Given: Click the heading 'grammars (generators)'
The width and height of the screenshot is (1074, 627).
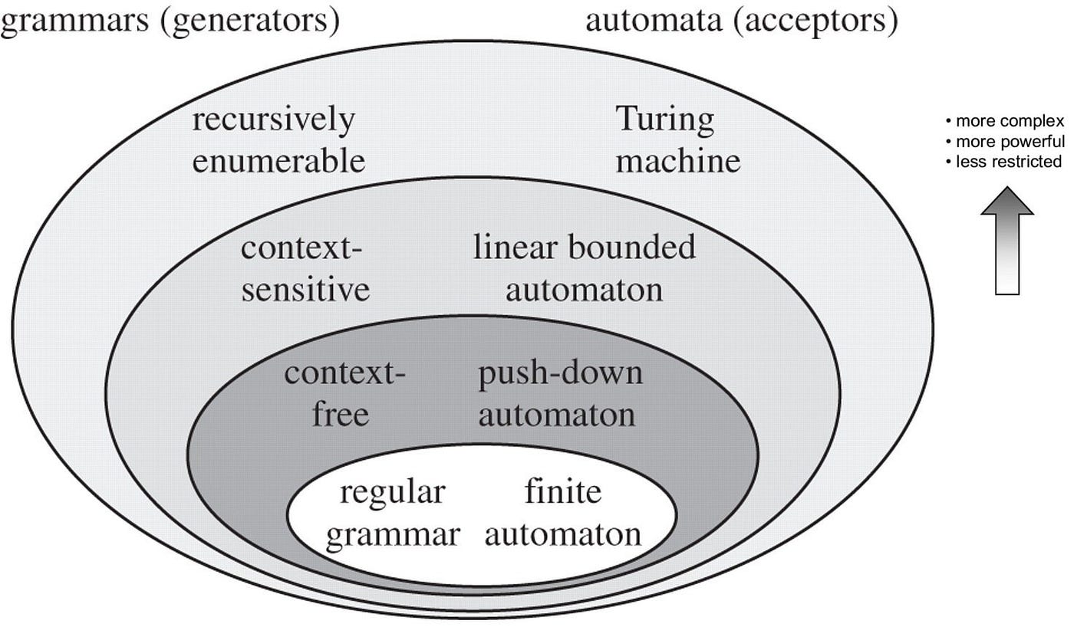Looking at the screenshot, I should [x=170, y=21].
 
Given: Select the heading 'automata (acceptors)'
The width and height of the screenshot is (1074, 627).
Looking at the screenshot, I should [x=741, y=21].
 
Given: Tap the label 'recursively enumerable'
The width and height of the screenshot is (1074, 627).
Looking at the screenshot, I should [x=278, y=141].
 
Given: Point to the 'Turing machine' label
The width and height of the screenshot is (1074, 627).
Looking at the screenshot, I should [x=678, y=141].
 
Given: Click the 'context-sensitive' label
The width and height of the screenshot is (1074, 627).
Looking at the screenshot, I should [x=305, y=269].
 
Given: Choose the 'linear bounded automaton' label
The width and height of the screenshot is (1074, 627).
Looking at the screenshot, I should [x=584, y=269].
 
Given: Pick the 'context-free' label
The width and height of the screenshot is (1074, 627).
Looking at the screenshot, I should [x=344, y=395].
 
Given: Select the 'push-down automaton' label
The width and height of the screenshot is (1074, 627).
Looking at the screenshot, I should [x=560, y=395].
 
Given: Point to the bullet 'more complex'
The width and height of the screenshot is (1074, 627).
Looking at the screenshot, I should [x=1005, y=121].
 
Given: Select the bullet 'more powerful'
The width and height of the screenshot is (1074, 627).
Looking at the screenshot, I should [x=1005, y=142].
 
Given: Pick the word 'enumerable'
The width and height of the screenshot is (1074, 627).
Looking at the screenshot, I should [x=278, y=162].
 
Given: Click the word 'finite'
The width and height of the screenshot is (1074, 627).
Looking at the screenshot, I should [x=562, y=492].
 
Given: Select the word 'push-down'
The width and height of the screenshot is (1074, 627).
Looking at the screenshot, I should [x=560, y=374].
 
